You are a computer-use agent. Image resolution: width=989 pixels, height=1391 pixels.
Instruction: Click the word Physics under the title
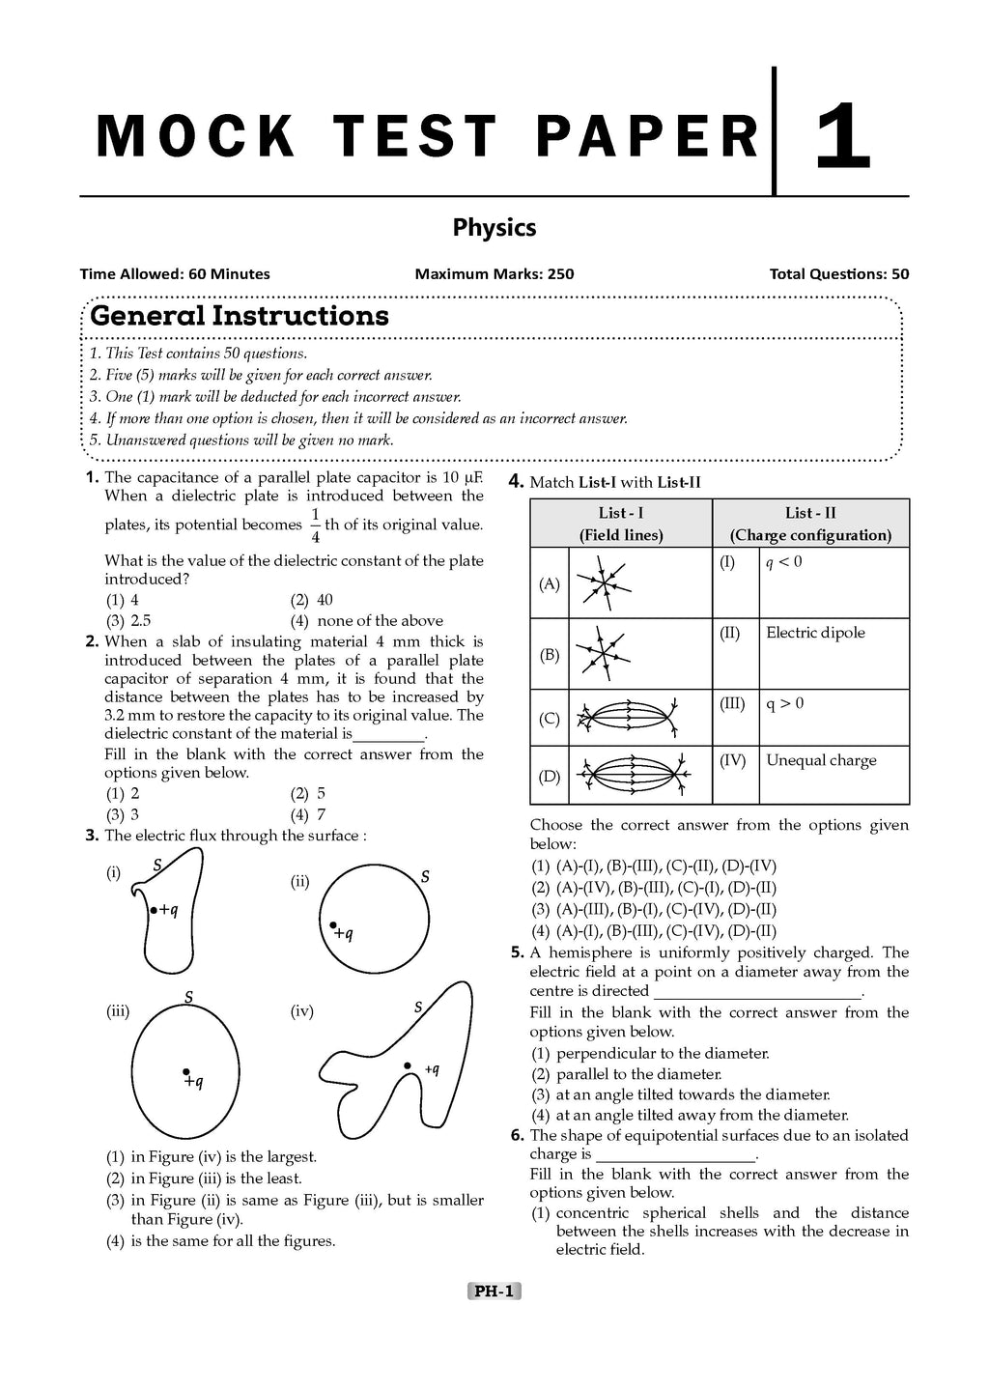point(494,228)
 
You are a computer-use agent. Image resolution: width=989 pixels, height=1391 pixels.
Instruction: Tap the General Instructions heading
point(240,316)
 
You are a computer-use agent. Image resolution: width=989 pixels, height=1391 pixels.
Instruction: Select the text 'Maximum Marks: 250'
point(494,274)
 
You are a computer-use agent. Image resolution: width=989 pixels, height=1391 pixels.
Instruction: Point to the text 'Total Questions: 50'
point(838,274)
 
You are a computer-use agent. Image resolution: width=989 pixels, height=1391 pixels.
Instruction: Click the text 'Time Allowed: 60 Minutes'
point(175,274)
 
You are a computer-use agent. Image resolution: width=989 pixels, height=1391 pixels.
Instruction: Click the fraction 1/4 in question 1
point(315,525)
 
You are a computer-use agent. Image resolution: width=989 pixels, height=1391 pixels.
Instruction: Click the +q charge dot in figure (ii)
point(333,925)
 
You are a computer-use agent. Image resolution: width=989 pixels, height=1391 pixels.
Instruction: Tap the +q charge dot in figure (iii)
point(185,1071)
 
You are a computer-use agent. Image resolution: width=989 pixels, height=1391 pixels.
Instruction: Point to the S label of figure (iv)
point(418,1008)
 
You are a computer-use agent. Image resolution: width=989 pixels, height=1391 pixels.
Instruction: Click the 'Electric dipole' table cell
point(815,633)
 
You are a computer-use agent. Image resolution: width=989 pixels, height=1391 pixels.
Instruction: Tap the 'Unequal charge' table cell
point(821,760)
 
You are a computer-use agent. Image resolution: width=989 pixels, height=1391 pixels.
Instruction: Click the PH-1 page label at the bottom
point(494,1291)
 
